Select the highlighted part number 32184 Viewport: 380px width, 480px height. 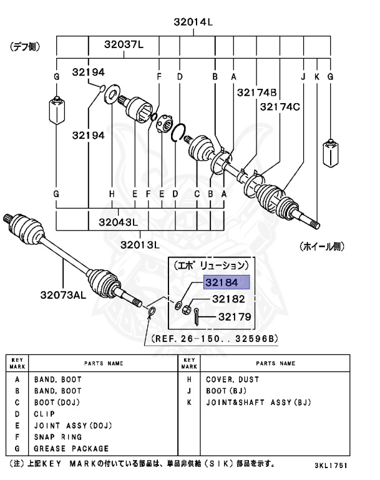(227, 283)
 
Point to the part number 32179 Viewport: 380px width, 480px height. (234, 317)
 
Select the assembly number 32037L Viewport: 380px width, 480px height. (124, 44)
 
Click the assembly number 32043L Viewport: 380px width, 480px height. (118, 222)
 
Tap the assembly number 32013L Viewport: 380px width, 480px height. (141, 244)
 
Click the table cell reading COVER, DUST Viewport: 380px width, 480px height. (232, 379)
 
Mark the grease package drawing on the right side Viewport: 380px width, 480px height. (331, 155)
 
